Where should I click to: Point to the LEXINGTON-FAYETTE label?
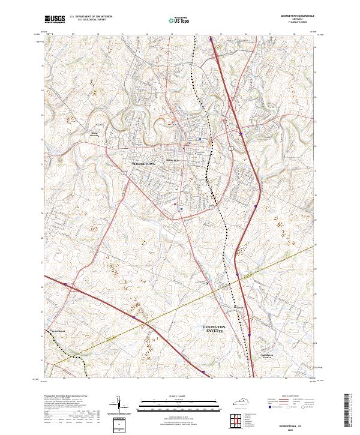(x=211, y=329)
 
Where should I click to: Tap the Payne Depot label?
(x=56, y=331)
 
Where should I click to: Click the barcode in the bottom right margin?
(x=351, y=411)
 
